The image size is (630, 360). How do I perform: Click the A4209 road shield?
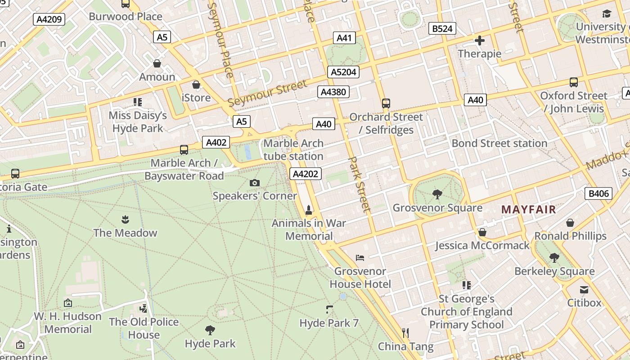pos(49,19)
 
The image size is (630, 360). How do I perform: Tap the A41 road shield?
pos(344,38)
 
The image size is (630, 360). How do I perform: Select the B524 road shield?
pos(442,29)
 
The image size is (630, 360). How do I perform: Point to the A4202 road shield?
pos(306,174)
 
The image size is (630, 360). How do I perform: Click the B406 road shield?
pos(598,194)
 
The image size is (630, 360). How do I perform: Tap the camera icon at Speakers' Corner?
pos(255,183)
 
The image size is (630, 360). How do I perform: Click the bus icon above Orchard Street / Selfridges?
pos(386,103)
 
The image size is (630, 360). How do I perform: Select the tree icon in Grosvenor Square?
pos(437,194)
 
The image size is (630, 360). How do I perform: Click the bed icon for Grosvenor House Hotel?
pos(360,258)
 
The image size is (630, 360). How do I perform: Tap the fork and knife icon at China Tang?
pos(405,333)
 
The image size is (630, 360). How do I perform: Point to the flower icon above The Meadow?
pos(125,219)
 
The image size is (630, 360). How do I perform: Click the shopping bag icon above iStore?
pos(196,85)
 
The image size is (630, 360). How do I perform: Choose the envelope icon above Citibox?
pos(584,289)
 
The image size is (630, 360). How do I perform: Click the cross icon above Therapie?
pos(480,41)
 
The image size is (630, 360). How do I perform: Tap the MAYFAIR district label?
pos(529,210)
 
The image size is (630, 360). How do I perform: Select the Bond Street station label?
pos(499,143)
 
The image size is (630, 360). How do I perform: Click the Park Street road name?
pos(360,184)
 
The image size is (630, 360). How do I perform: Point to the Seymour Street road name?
pos(267,94)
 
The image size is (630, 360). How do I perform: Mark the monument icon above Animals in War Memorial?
pos(309,209)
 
